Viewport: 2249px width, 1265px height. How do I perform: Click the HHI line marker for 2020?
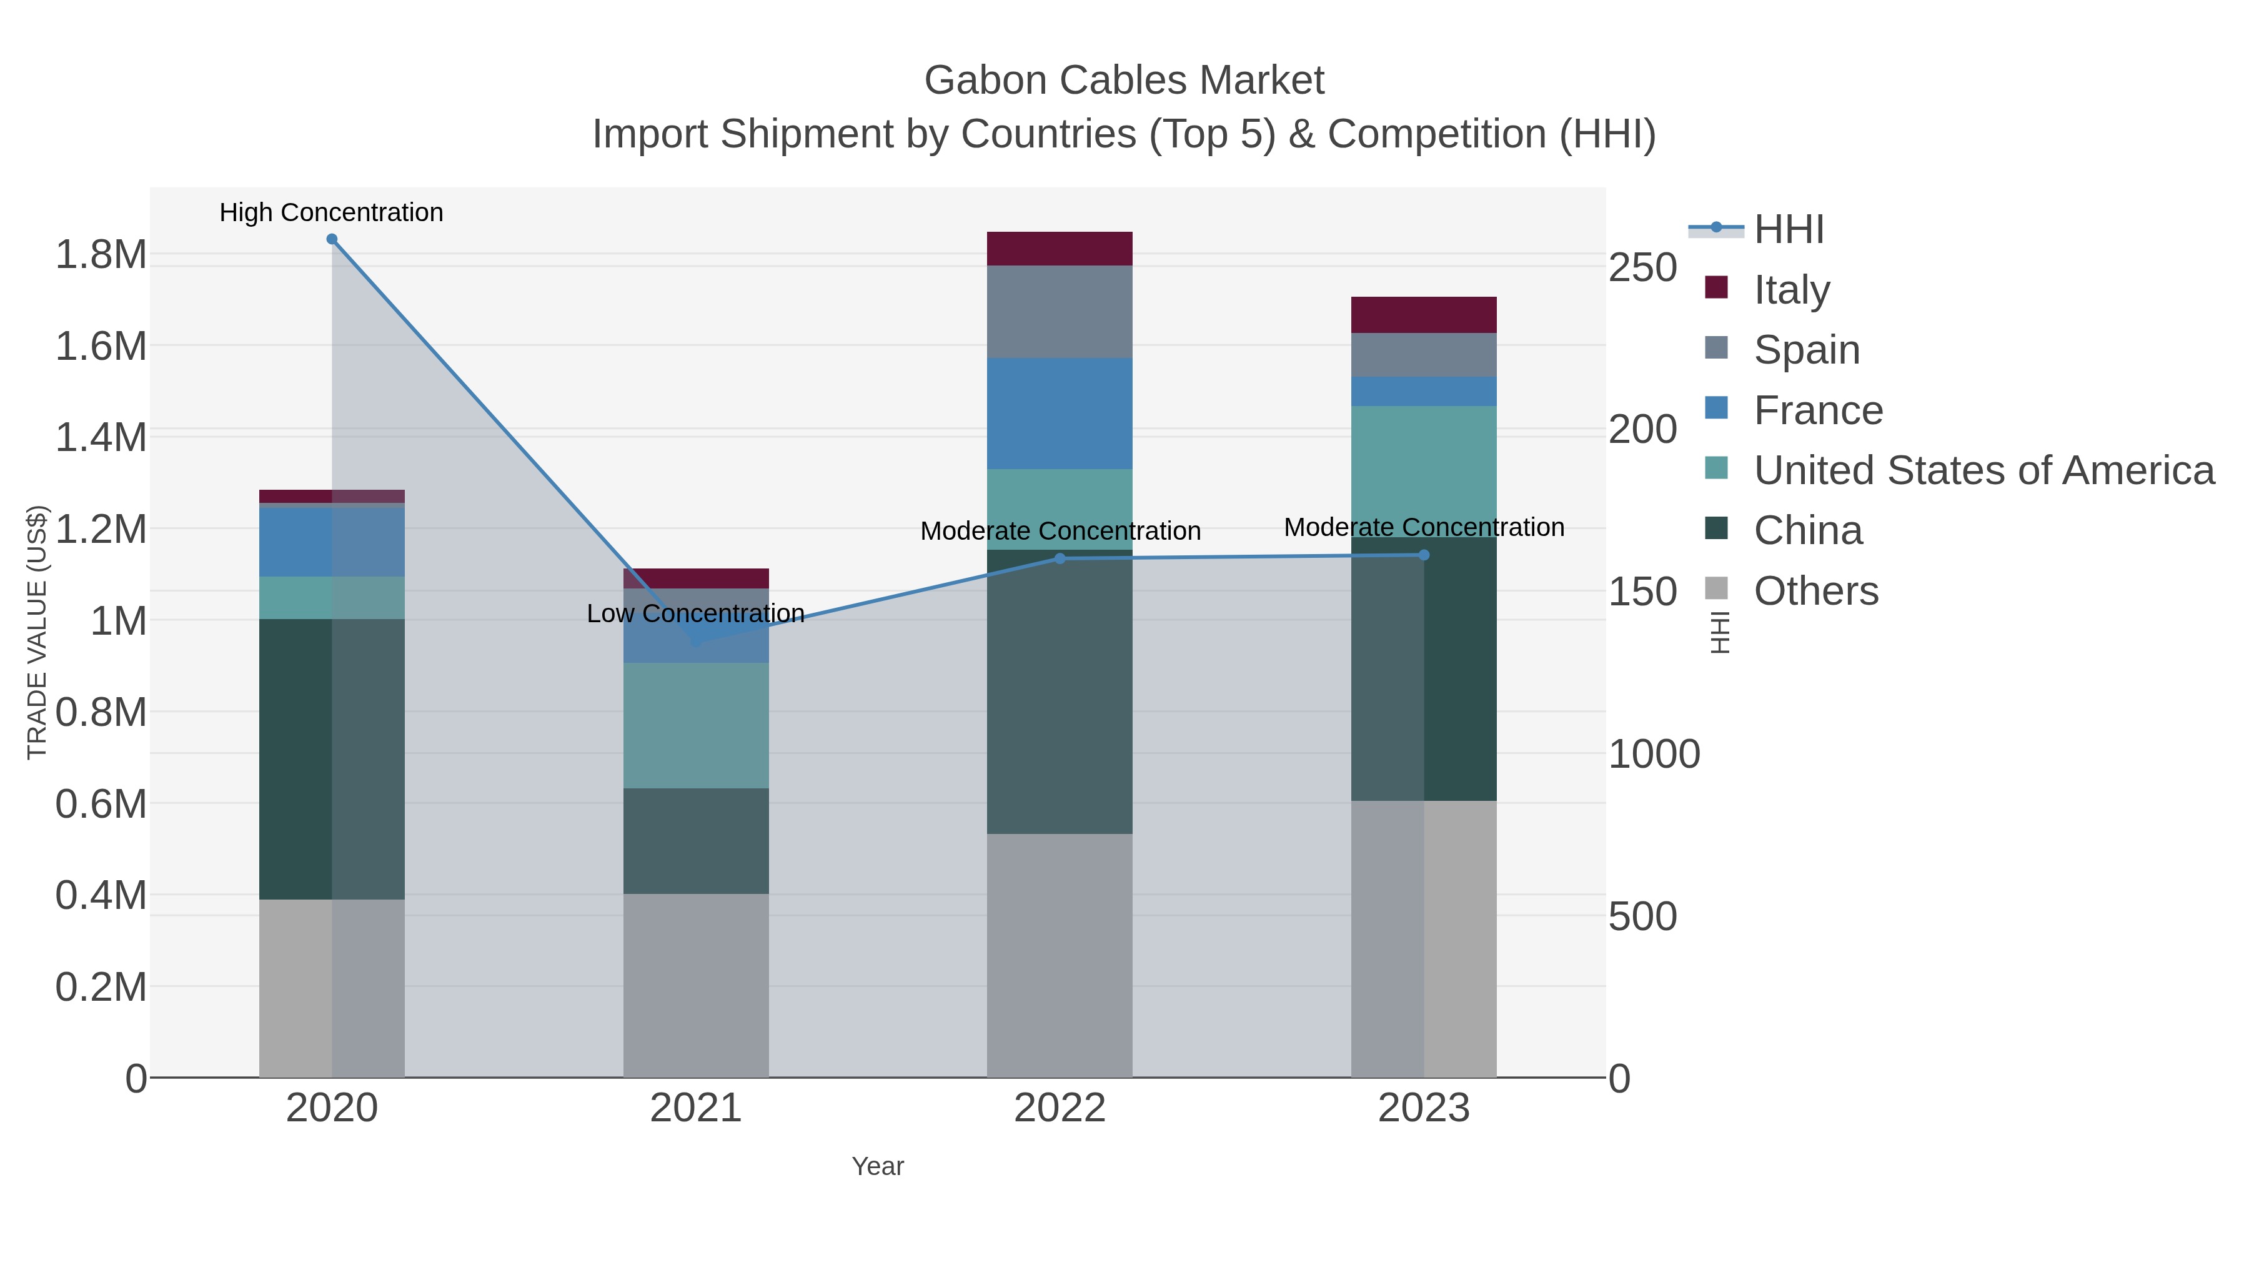(x=332, y=239)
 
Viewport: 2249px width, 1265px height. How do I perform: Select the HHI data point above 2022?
(x=1060, y=558)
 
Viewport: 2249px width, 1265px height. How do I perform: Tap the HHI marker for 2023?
(x=1424, y=555)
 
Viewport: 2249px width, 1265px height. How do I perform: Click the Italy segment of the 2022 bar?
(x=1060, y=249)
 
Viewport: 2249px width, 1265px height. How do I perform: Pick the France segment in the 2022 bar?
(x=1060, y=414)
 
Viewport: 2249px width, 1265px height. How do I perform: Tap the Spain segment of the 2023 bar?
(x=1424, y=354)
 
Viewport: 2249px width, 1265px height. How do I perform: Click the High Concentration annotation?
(x=332, y=212)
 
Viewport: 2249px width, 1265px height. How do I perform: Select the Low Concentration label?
(x=696, y=613)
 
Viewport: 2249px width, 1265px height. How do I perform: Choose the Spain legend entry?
(x=1806, y=350)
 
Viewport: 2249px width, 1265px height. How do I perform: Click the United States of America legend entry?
(x=1983, y=470)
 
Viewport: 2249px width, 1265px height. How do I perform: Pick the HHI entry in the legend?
(x=1788, y=230)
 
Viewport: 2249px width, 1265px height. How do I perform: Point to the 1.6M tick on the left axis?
(x=101, y=347)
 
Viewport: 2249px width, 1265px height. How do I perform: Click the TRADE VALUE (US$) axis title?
(x=37, y=632)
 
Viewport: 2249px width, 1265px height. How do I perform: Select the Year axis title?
(x=878, y=1166)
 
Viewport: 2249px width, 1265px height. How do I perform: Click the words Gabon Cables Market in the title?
(x=1124, y=81)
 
